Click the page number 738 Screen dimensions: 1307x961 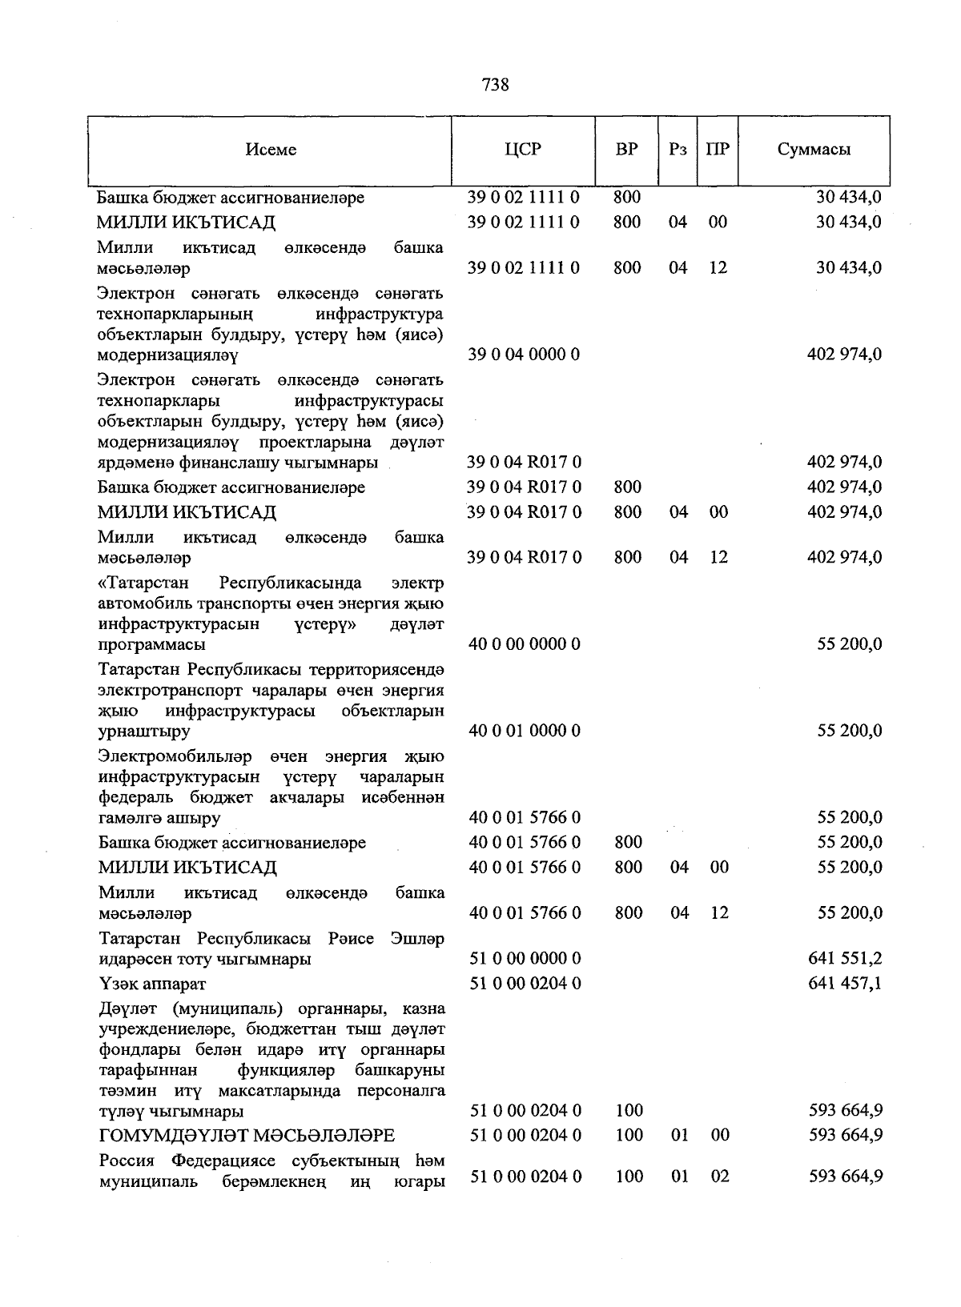[x=496, y=84]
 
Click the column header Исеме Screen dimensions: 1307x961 [x=271, y=150]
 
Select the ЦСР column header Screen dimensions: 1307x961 [x=523, y=150]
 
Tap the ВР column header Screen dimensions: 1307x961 [x=626, y=150]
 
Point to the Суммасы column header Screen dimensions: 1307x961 [x=814, y=150]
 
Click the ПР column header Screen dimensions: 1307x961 [x=718, y=150]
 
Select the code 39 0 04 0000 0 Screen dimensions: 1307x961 [x=524, y=354]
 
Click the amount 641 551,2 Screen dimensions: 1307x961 [x=845, y=958]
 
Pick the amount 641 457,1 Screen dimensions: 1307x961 [x=845, y=983]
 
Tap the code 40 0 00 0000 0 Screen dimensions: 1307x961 [x=524, y=643]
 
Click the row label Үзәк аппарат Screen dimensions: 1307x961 [x=152, y=984]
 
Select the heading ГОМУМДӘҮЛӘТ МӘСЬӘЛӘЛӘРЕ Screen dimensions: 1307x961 [x=247, y=1135]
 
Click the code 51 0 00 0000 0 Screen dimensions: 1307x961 [x=525, y=958]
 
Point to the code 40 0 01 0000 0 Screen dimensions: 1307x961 [x=524, y=730]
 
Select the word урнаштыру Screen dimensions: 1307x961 [x=144, y=731]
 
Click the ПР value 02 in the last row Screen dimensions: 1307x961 [x=720, y=1177]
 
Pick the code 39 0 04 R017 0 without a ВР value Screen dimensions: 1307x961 [x=524, y=462]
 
